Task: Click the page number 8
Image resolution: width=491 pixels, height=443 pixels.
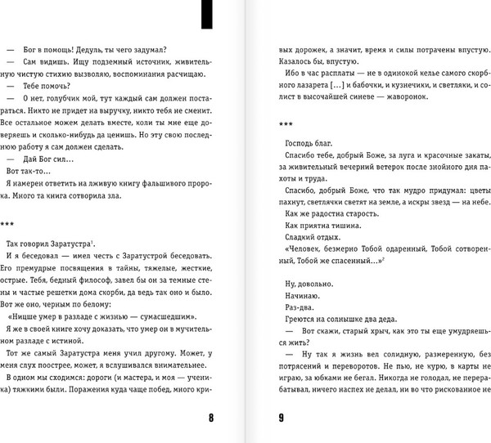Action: (211, 419)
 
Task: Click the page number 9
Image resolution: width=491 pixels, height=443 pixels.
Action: (280, 419)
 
